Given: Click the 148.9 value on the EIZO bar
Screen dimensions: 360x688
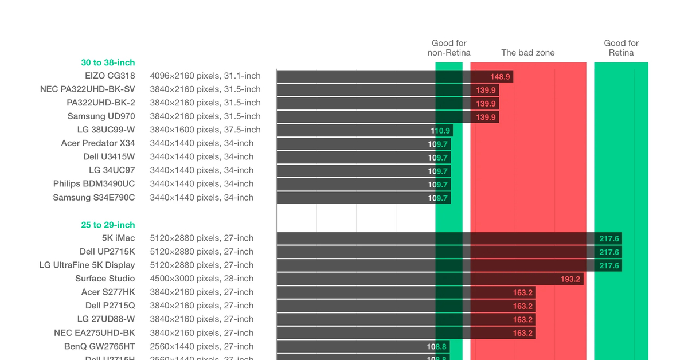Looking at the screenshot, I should pyautogui.click(x=500, y=76).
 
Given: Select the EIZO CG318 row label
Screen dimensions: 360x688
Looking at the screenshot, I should pyautogui.click(x=110, y=76).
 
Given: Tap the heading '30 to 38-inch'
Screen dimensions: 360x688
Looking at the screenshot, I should pyautogui.click(x=108, y=62).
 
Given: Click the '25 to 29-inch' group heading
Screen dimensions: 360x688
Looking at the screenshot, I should pyautogui.click(x=108, y=225).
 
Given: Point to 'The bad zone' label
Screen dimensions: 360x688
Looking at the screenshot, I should pyautogui.click(x=527, y=53).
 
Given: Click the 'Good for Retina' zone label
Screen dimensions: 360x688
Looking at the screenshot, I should pyautogui.click(x=621, y=48).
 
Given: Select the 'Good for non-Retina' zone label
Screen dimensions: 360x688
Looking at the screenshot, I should pyautogui.click(x=449, y=48).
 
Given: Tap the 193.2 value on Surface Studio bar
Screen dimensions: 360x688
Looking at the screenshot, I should pyautogui.click(x=570, y=279).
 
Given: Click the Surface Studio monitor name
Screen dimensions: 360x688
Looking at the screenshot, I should pyautogui.click(x=105, y=279).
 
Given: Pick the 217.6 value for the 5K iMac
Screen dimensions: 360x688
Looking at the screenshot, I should pyautogui.click(x=609, y=238).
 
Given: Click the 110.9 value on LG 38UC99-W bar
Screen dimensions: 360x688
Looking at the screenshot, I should pyautogui.click(x=440, y=130).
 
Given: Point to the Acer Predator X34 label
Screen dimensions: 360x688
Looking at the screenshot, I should pyautogui.click(x=98, y=143).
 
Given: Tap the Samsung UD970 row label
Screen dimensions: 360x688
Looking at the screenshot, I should pyautogui.click(x=101, y=116).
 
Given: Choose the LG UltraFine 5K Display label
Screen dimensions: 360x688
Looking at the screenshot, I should pyautogui.click(x=87, y=265).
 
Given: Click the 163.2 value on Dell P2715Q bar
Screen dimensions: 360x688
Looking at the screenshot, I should pyautogui.click(x=522, y=306).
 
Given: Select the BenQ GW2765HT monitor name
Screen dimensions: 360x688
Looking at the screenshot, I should pyautogui.click(x=100, y=346).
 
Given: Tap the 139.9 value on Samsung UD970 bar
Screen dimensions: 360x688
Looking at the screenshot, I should pyautogui.click(x=486, y=117).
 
